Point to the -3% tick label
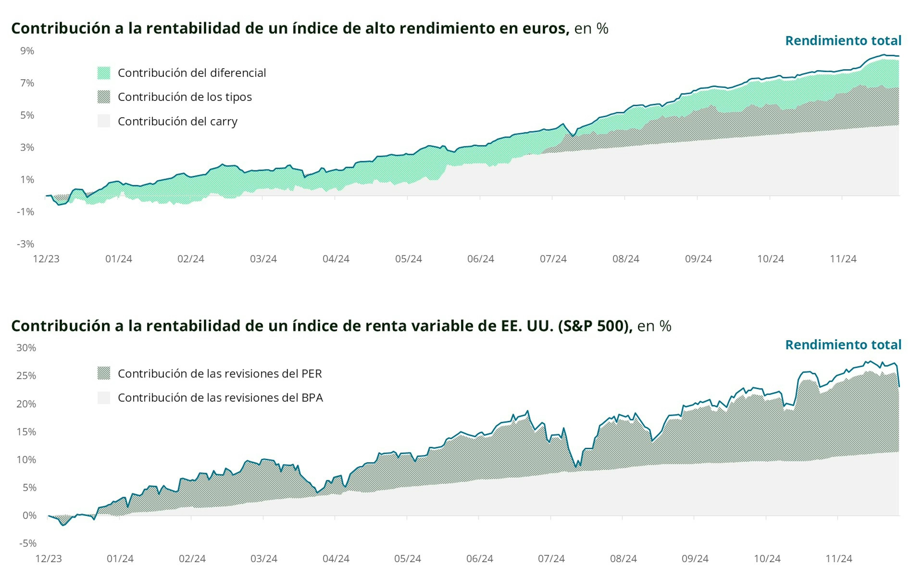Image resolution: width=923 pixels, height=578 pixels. (25, 244)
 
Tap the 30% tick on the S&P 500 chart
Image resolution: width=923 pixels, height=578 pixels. (26, 348)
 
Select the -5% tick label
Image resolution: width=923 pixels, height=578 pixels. (28, 543)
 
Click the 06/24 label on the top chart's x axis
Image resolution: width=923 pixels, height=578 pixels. (480, 259)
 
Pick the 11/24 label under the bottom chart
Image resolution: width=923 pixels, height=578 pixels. (838, 559)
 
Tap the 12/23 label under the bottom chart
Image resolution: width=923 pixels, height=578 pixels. (49, 559)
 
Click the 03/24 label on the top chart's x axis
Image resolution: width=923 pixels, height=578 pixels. (263, 259)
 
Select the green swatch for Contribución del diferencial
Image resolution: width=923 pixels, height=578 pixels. (104, 73)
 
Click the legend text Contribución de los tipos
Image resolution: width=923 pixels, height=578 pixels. (185, 97)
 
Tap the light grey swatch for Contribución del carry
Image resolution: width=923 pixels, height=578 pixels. (104, 121)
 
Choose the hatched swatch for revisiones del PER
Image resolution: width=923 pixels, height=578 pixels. (104, 373)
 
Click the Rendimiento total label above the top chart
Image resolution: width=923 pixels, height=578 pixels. (843, 41)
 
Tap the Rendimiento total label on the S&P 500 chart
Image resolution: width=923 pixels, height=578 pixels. (843, 345)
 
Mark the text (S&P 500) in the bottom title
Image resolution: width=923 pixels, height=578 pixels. (594, 326)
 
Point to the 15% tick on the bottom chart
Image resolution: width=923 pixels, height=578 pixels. (26, 432)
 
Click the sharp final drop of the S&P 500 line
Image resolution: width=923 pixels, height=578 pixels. (898, 376)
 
